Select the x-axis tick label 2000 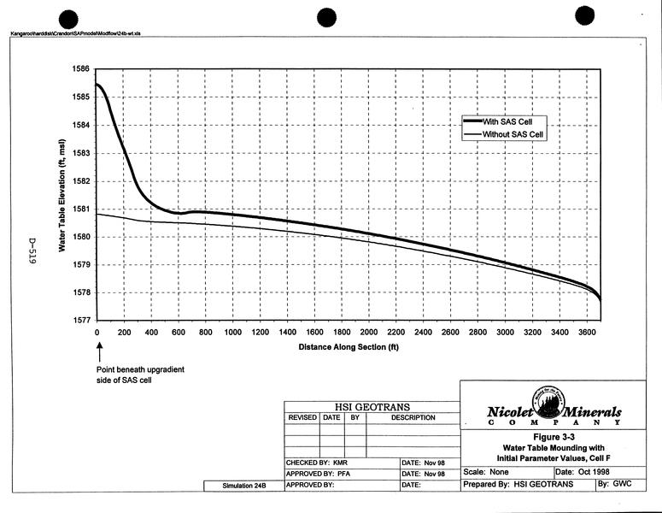369,333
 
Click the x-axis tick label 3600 586,333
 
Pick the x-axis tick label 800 206,333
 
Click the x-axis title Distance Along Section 349,348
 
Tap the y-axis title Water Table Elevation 62,194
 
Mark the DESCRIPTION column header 413,418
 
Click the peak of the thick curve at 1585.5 97,84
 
